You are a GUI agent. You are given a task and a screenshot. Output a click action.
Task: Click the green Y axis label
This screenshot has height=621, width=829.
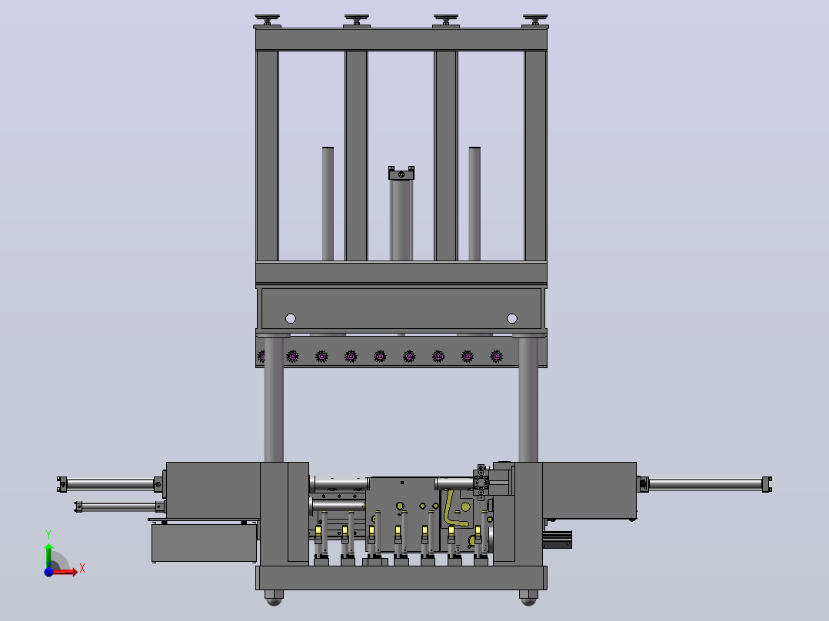click(48, 535)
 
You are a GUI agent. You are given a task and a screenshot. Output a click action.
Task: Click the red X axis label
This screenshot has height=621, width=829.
click(82, 569)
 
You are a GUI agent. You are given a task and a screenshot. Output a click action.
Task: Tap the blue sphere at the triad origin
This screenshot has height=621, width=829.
click(48, 572)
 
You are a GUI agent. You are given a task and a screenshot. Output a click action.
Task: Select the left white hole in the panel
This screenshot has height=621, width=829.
click(290, 318)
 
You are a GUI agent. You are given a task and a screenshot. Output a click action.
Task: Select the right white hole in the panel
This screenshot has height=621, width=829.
click(512, 318)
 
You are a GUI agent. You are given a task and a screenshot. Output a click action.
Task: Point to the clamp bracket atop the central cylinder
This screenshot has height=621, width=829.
click(401, 173)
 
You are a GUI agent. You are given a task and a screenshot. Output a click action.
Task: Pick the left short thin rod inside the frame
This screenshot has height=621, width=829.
click(328, 204)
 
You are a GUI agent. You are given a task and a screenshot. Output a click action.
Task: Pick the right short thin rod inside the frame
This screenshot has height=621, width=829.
click(474, 204)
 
